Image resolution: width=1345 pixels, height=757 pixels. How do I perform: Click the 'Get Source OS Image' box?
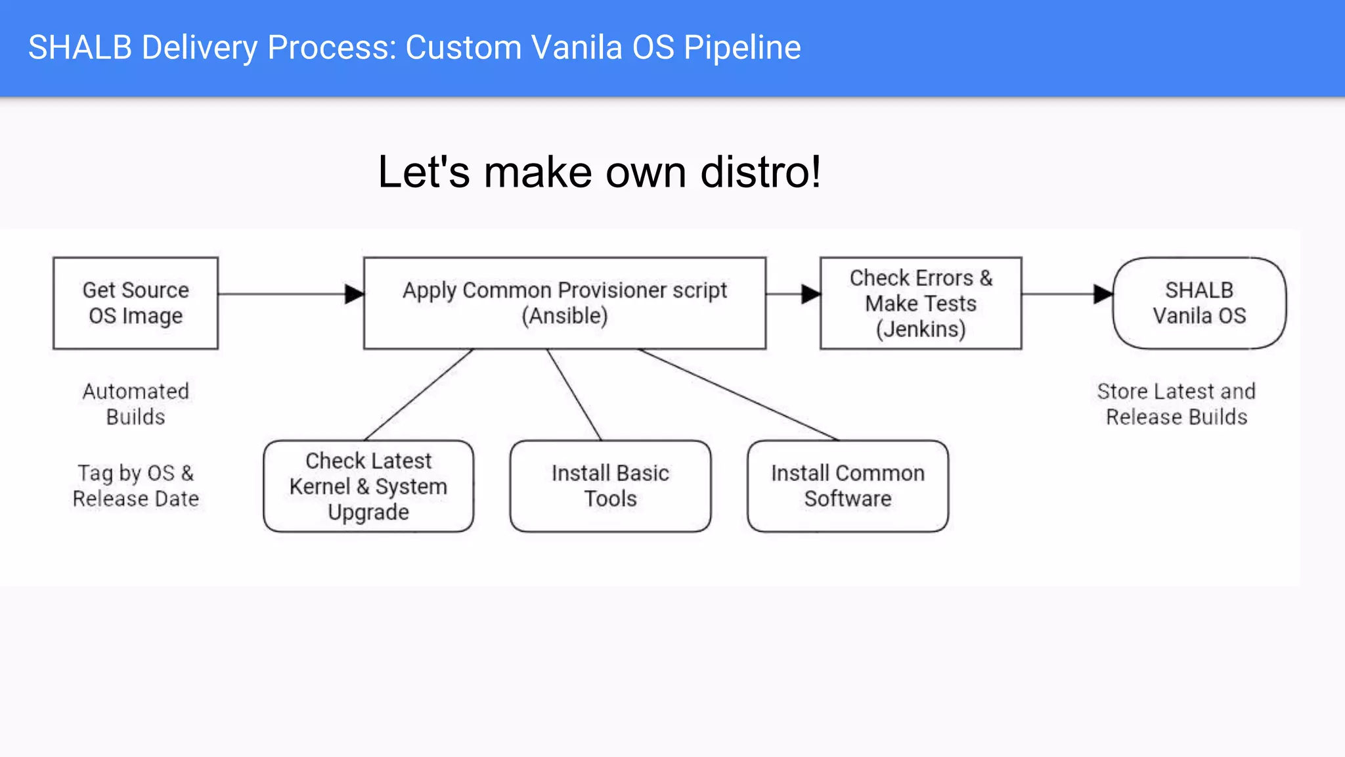135,303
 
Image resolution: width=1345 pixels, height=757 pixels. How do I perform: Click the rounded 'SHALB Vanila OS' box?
1199,303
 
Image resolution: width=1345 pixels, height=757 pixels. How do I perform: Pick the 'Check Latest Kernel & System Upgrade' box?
368,486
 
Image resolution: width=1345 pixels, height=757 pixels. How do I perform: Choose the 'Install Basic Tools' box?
610,486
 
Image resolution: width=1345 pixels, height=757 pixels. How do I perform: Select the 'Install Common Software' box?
847,486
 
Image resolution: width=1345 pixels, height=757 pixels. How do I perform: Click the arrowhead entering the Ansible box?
355,294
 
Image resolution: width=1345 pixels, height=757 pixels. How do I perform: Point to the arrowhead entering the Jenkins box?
811,294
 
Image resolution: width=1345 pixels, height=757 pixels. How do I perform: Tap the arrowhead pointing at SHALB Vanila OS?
1103,294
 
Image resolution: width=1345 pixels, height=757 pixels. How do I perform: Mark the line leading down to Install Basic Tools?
574,394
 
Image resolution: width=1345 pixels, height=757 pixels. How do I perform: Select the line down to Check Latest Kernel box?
419,394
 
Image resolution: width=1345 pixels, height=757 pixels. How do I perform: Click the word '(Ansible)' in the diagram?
564,316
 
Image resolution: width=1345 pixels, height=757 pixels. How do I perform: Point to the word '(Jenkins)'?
921,329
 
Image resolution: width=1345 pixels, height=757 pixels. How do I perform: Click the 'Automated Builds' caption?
135,404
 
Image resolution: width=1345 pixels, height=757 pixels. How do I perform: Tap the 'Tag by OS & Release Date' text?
135,486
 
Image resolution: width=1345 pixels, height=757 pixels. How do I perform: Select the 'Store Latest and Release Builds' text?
1176,404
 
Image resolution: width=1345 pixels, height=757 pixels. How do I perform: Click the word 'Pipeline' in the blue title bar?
742,47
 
